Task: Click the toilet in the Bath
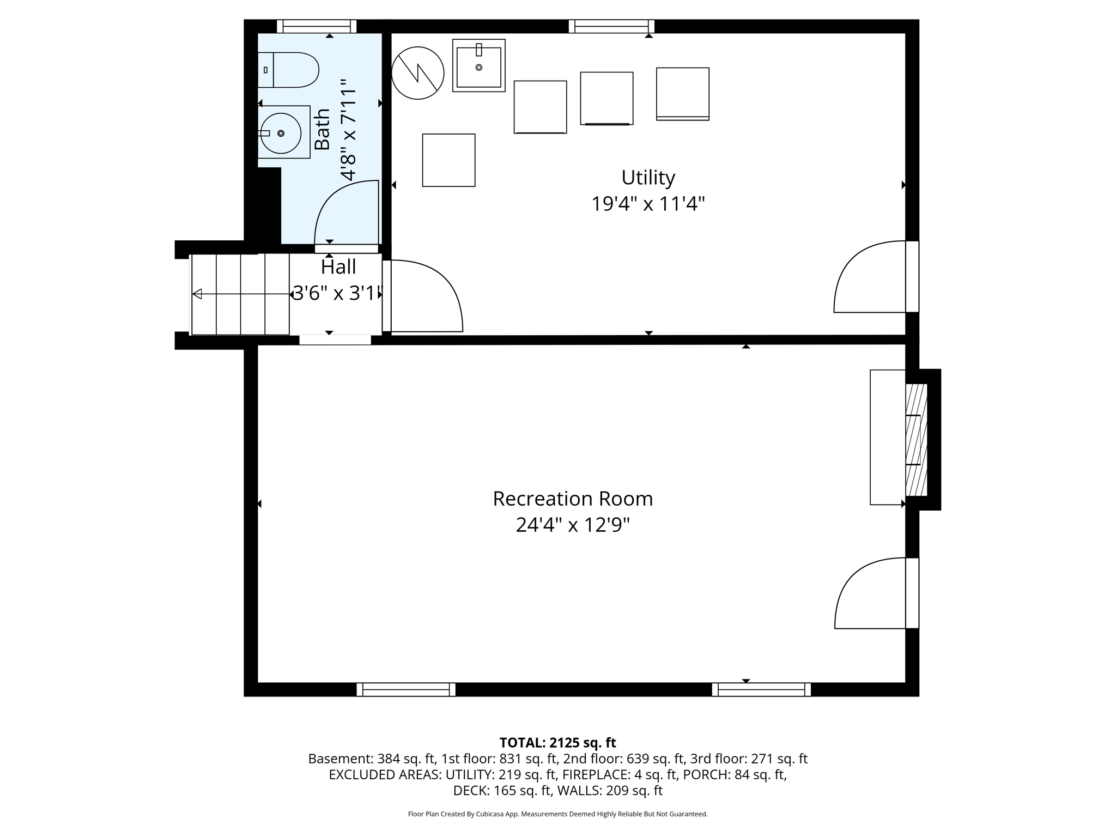coord(289,70)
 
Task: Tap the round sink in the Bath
coord(281,133)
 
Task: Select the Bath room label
coord(323,129)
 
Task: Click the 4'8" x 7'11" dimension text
coord(348,129)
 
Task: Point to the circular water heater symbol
coord(418,72)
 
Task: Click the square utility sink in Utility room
coord(478,65)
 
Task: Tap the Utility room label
coord(648,178)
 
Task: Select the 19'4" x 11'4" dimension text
coord(648,204)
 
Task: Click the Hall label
coord(338,267)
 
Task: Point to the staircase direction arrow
coord(197,294)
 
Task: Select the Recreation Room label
coord(573,499)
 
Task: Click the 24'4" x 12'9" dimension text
coord(573,525)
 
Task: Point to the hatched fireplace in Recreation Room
coord(915,440)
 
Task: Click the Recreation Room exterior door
coord(872,593)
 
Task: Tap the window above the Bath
coord(316,26)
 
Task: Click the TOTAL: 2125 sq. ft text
coord(557,743)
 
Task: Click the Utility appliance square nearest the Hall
coord(448,160)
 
